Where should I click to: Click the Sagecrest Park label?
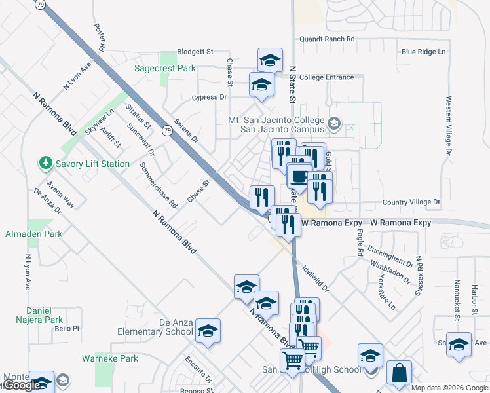tap(165, 68)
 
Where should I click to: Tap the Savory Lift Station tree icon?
tap(45, 162)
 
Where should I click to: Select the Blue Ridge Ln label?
tap(423, 52)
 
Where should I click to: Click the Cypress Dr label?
tap(209, 97)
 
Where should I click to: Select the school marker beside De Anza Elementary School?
tap(208, 330)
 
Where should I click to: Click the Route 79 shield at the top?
tap(41, 4)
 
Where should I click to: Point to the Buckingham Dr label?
tap(390, 256)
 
